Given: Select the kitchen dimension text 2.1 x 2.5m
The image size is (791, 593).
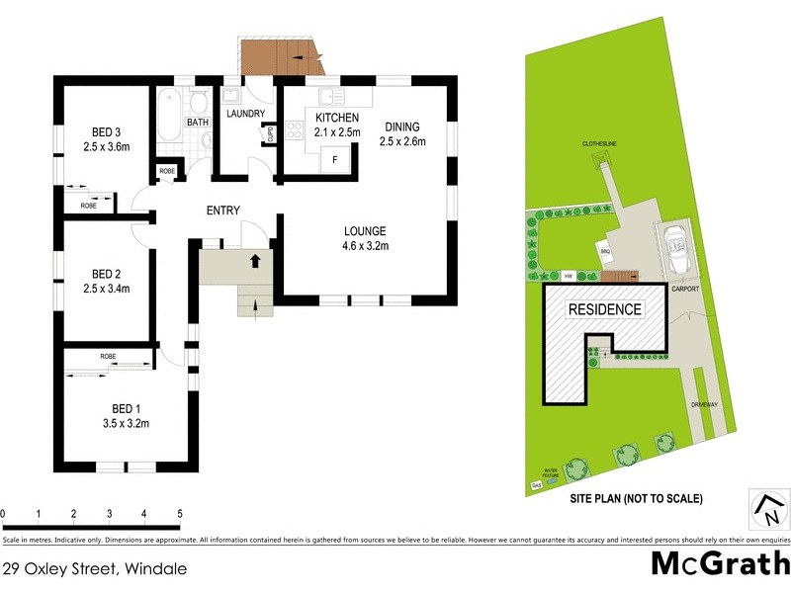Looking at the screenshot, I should (x=337, y=131).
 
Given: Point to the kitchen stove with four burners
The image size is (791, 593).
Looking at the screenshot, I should (x=294, y=130).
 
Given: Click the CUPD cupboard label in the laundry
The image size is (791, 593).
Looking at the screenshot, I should (x=270, y=135).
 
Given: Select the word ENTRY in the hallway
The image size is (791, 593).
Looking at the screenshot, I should (x=222, y=211).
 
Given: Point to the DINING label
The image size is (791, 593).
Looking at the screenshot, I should (x=402, y=127).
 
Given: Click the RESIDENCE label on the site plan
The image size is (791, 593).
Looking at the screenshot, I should (x=603, y=309).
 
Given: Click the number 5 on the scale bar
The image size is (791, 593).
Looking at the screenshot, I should (x=180, y=514).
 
